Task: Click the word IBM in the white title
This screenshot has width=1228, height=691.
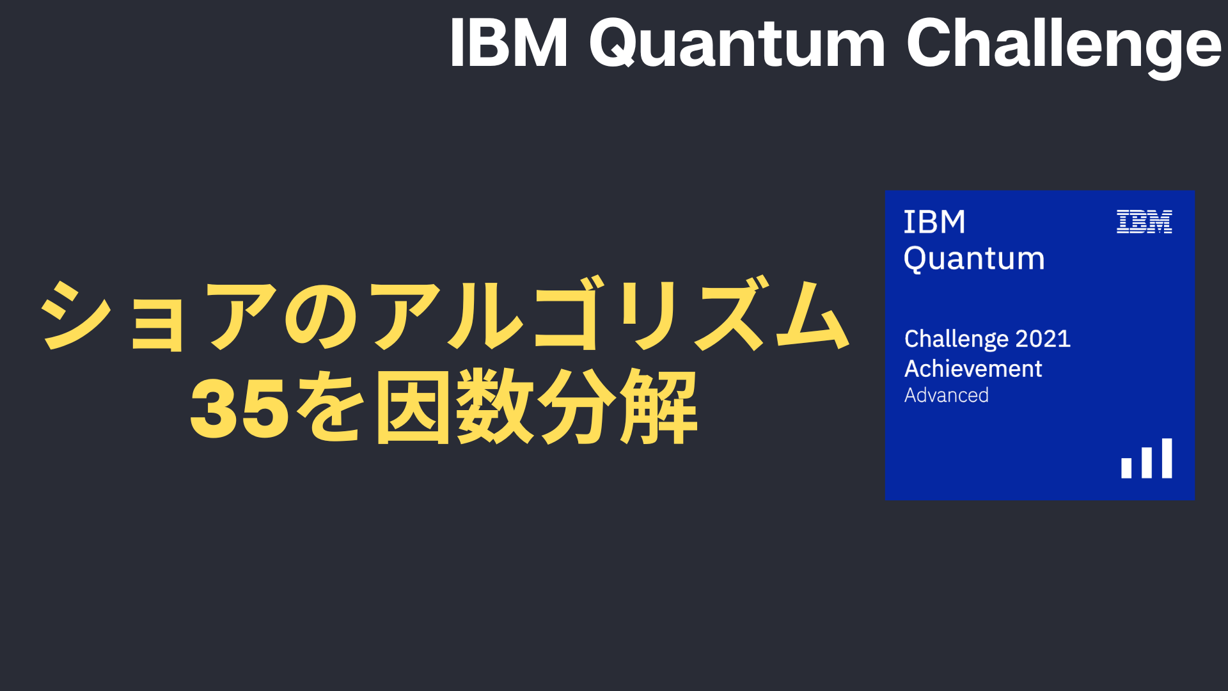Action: (x=509, y=43)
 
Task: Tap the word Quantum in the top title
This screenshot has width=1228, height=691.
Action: (x=737, y=45)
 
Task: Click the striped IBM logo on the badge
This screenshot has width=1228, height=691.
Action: (x=1144, y=222)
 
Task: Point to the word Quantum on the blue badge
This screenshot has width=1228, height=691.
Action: (x=974, y=259)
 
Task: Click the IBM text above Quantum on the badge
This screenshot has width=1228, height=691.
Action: (x=934, y=223)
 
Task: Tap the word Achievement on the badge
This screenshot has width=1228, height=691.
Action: (x=973, y=369)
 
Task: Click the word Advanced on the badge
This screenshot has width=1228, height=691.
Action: (x=947, y=395)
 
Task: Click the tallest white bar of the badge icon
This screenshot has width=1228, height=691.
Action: (x=1167, y=458)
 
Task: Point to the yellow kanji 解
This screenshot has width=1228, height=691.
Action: (x=659, y=407)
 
